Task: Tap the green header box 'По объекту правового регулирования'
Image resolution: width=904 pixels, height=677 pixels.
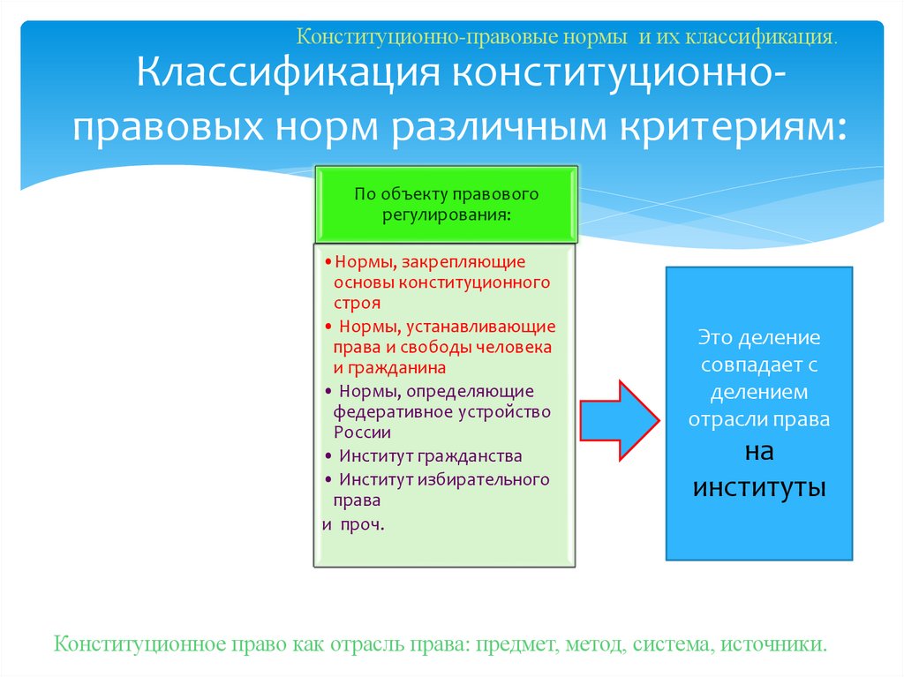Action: tap(446, 204)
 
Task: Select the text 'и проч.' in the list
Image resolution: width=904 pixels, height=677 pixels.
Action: tap(352, 523)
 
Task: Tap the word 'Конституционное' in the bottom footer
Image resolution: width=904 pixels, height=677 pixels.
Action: tap(133, 643)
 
